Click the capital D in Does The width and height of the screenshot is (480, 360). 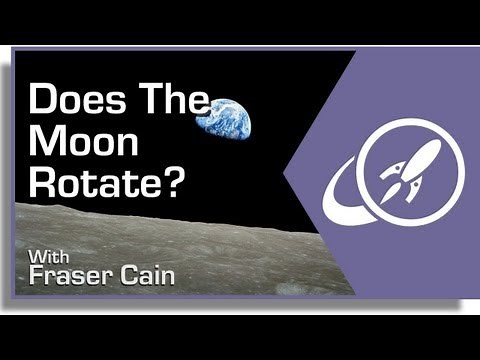(43, 102)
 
